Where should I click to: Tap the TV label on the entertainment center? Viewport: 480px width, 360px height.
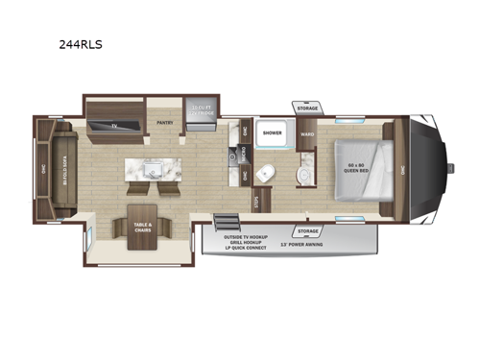(x=112, y=125)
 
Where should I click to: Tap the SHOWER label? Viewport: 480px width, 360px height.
(x=274, y=134)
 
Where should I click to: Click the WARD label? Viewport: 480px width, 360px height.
(x=307, y=134)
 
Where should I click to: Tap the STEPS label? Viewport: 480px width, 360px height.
(x=256, y=202)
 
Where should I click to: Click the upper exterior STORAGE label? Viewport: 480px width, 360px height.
(x=307, y=108)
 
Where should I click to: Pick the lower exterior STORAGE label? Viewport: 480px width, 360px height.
(x=308, y=231)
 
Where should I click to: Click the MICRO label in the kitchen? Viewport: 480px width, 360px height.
(x=245, y=151)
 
